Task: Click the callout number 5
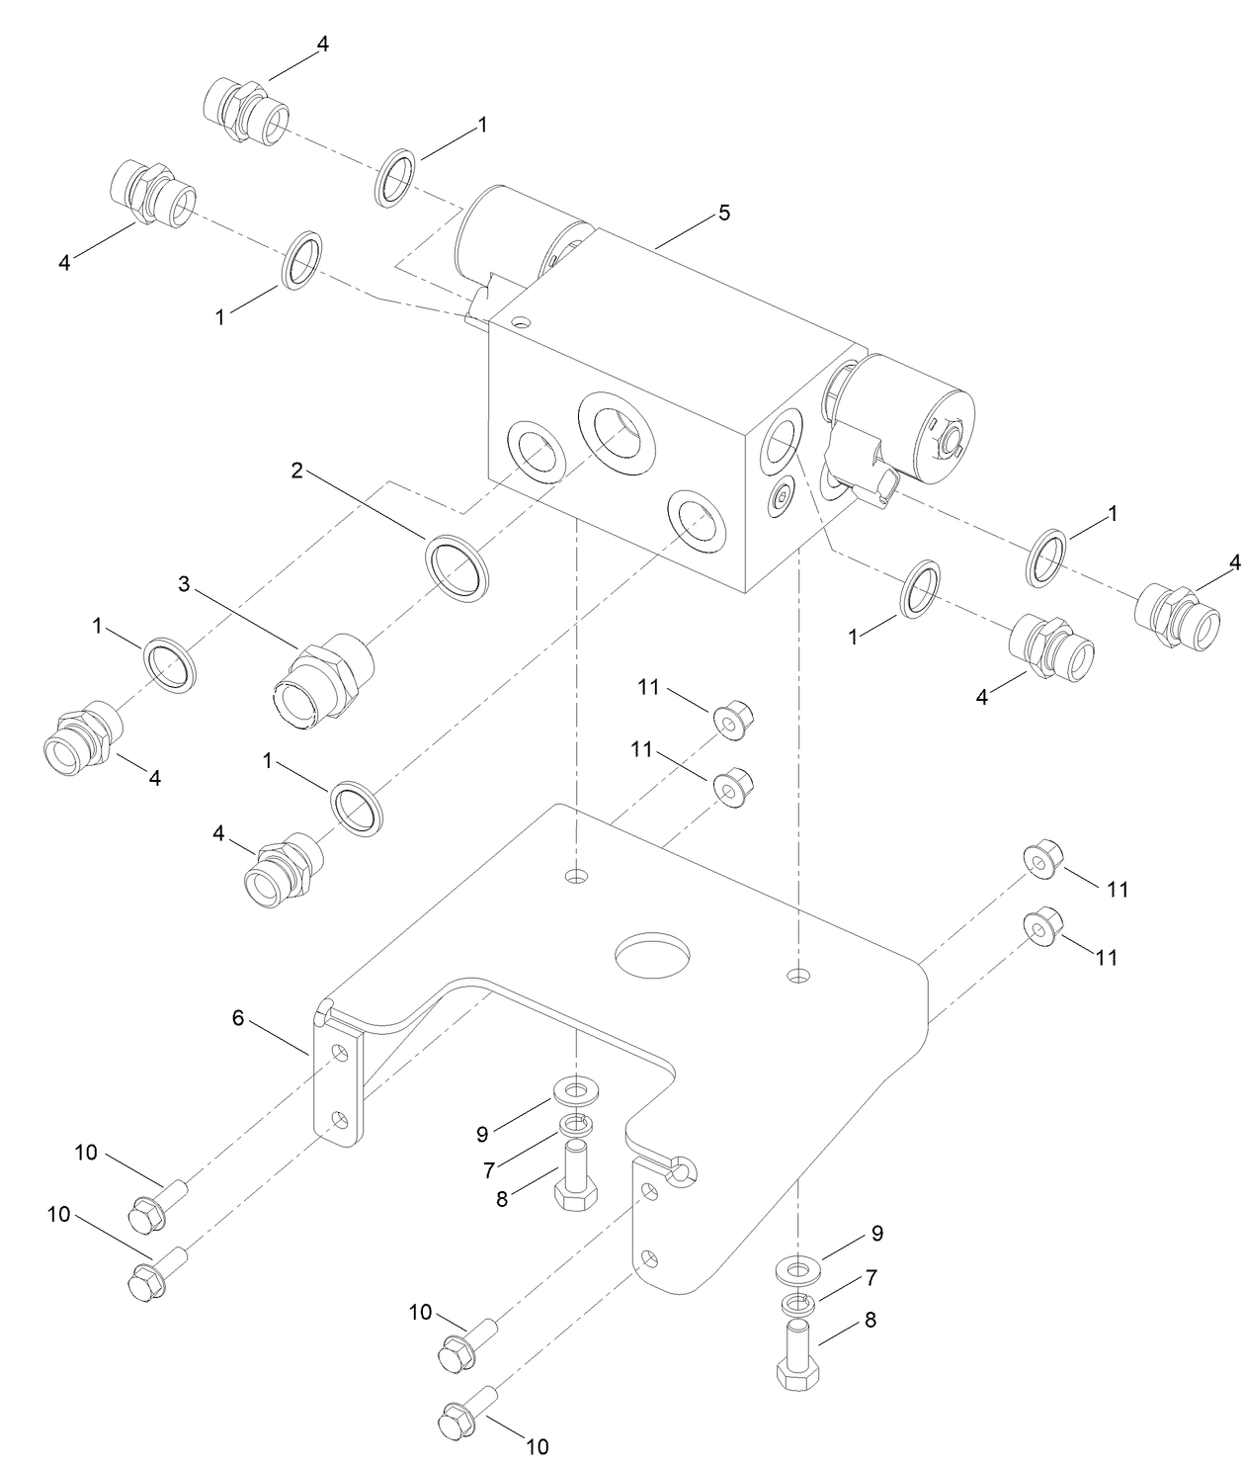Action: coord(724,213)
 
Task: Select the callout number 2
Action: coord(296,470)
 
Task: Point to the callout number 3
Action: coord(184,583)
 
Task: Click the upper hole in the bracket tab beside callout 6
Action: coord(340,1053)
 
